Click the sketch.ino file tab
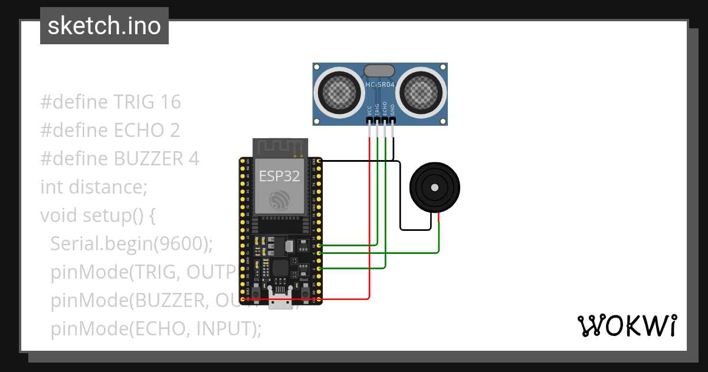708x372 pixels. [104, 26]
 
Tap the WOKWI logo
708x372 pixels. [626, 325]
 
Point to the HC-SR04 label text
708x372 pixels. [380, 85]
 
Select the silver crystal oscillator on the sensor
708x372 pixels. [379, 71]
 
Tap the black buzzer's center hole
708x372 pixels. [435, 187]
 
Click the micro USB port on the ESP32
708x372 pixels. [280, 298]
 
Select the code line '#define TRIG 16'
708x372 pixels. [110, 102]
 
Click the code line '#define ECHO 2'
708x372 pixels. [110, 130]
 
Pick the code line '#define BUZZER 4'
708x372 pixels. [120, 159]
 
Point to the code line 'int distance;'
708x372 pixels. [93, 187]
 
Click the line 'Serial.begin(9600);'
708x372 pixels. [132, 243]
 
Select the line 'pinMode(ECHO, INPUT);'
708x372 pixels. [156, 328]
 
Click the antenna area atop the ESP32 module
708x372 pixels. [280, 147]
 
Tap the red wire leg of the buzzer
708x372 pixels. [439, 220]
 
